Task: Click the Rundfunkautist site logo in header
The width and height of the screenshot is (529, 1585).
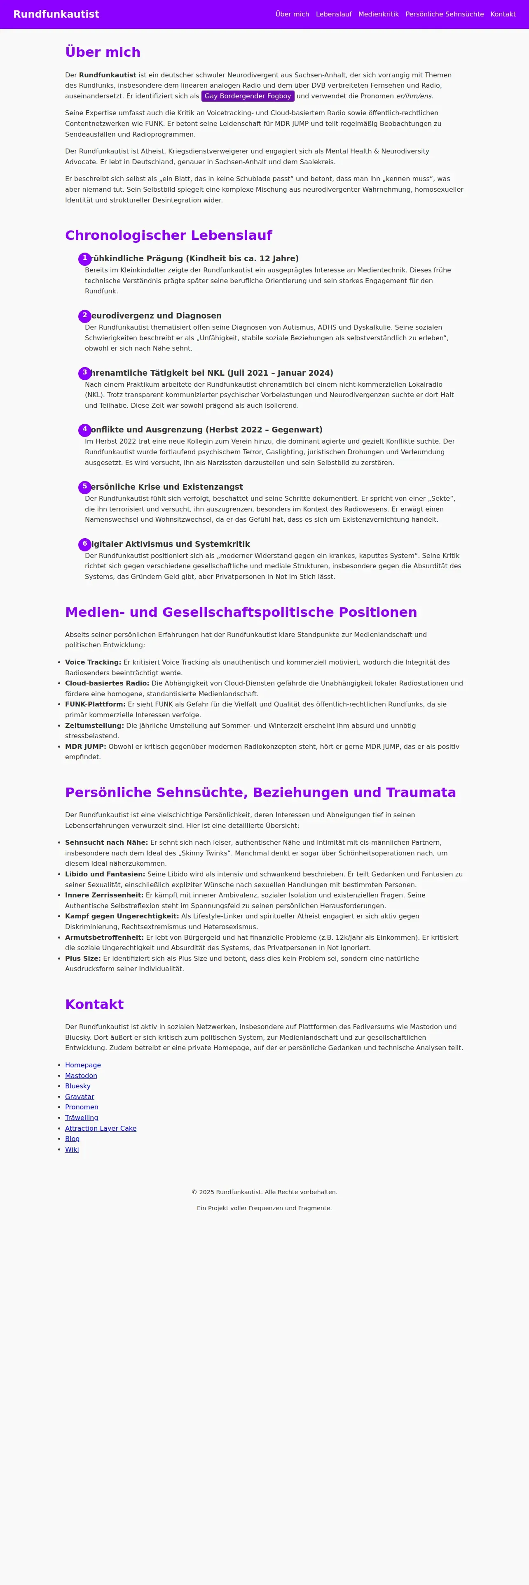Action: [x=56, y=14]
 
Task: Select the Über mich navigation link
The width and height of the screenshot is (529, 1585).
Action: [x=292, y=14]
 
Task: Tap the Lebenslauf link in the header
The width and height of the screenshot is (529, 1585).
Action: [x=334, y=14]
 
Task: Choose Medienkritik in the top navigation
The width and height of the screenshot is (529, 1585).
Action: [x=378, y=14]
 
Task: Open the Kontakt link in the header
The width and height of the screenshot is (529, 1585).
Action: [x=503, y=14]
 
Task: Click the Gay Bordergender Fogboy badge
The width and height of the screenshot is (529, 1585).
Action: [x=248, y=96]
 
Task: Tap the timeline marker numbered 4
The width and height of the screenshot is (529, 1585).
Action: [x=85, y=430]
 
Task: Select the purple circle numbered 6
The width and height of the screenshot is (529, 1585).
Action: [x=85, y=544]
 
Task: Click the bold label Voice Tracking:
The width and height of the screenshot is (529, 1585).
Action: [x=93, y=662]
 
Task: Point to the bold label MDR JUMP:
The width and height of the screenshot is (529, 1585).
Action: [x=86, y=746]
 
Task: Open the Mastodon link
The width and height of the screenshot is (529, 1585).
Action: [x=81, y=1076]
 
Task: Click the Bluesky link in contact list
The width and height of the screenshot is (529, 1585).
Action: [x=77, y=1086]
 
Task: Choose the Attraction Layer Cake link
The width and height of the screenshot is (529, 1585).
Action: [x=101, y=1128]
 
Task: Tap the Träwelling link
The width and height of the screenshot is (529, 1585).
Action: [x=81, y=1118]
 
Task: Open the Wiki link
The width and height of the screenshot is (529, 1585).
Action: [x=72, y=1149]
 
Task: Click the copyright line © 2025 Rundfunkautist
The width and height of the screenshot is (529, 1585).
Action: [x=264, y=1192]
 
